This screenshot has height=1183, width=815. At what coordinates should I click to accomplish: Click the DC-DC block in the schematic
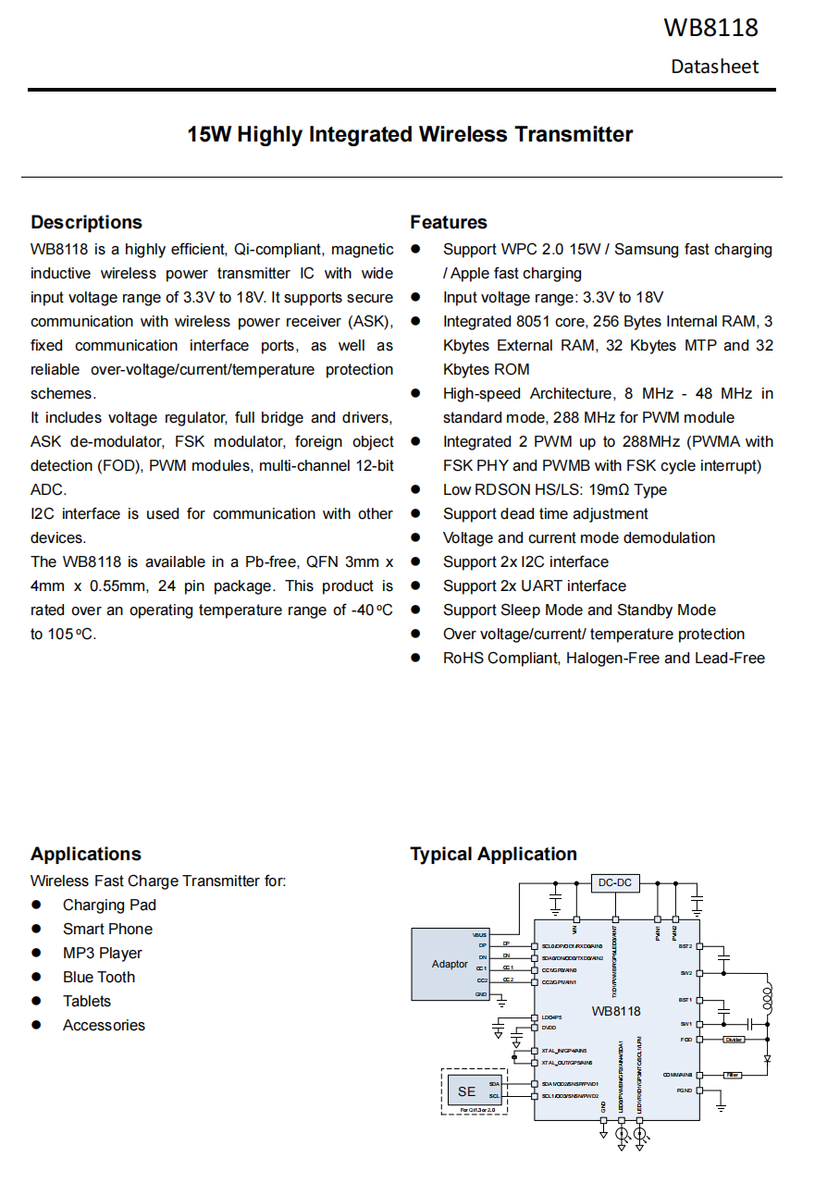coord(614,882)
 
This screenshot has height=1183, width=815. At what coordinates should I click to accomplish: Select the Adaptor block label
coord(450,964)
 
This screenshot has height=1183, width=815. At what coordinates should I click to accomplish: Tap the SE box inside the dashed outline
coord(466,1091)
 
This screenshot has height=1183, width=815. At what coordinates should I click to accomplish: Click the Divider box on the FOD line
coord(734,1040)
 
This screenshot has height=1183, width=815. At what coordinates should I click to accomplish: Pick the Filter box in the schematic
coord(733,1075)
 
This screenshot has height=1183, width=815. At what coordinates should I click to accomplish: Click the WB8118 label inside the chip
coord(616,1011)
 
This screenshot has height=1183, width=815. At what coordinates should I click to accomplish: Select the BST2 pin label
coord(685,946)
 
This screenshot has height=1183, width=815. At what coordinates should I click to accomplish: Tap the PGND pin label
coord(684,1091)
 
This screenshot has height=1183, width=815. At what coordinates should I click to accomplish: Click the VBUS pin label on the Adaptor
coord(479,935)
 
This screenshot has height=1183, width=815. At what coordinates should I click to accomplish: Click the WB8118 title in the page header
coord(710,28)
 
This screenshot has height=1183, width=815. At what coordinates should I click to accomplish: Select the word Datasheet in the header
coord(714,67)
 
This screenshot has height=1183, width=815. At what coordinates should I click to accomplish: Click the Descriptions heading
coord(86,222)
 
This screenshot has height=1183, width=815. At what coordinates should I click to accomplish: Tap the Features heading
coord(449,222)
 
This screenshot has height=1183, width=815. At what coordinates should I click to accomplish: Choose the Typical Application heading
coord(493,854)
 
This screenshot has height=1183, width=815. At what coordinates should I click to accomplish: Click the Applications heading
coord(85,854)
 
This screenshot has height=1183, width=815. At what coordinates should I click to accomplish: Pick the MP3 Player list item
coord(102,953)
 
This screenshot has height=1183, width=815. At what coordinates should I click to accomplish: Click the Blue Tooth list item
coord(98,977)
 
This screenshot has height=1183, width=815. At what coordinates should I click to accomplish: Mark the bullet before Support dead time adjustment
coord(416,514)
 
